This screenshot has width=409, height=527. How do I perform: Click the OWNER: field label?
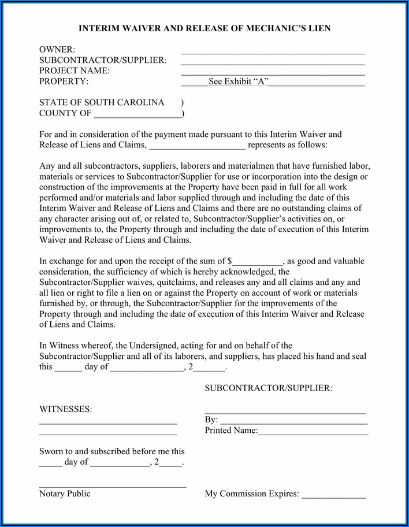pos(57,50)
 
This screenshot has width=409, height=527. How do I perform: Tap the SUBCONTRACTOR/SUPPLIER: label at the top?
pos(103,60)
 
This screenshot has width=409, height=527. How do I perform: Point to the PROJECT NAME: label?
pos(75,70)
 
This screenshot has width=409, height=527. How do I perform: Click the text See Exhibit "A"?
pos(239,81)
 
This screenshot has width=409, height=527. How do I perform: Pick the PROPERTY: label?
pos(64,81)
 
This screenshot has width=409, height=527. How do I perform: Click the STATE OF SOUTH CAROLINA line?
pos(102,102)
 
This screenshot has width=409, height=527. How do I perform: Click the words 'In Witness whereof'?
pos(74,346)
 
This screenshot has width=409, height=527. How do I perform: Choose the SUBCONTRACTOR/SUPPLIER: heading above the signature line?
pos(268,388)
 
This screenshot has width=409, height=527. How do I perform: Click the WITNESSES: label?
pos(65,409)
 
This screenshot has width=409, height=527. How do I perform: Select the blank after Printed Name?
pos(313,432)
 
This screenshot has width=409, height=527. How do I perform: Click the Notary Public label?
pos(65,493)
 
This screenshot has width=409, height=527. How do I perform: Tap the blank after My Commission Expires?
pos(333,495)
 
